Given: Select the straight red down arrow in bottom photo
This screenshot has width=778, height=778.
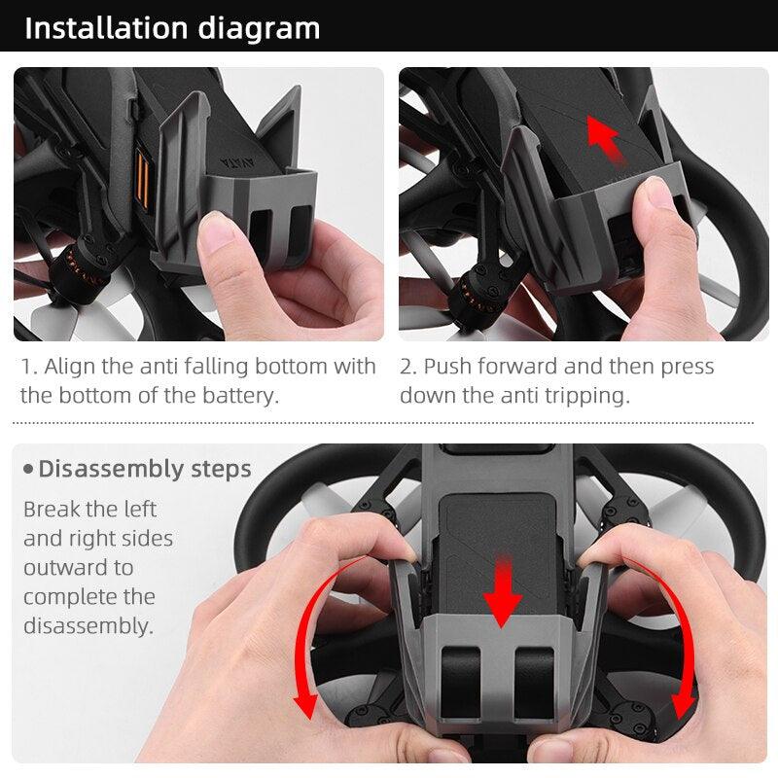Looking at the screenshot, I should [503, 589].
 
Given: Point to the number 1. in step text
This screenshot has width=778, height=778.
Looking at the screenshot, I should [29, 367].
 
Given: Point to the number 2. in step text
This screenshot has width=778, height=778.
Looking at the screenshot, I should [408, 367].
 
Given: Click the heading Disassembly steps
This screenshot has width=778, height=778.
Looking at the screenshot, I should [144, 469].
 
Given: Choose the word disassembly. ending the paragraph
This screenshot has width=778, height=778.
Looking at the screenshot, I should [88, 625].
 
